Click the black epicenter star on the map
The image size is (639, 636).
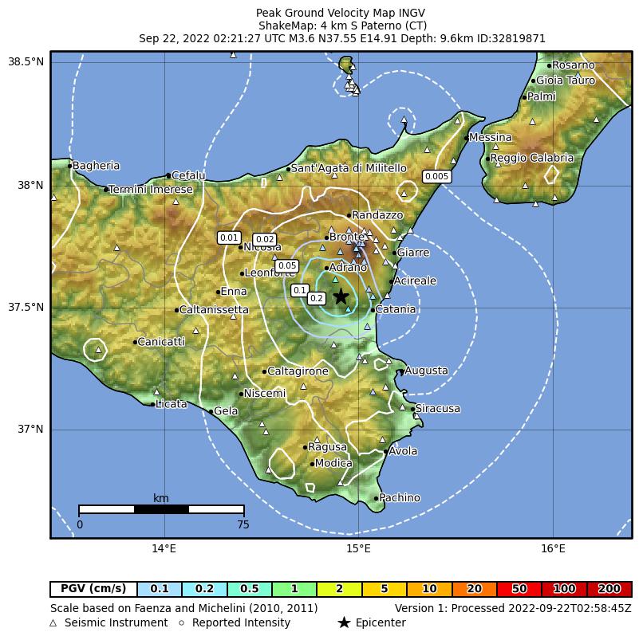coord(341,296)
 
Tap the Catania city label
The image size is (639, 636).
coord(395,309)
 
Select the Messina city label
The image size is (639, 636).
coord(490,138)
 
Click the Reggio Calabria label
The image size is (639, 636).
coord(531,158)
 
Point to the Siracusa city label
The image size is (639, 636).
coord(438,409)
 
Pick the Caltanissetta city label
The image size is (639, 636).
coord(214,309)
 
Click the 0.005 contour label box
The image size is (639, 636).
coord(436,176)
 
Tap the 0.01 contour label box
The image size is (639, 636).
coord(229,238)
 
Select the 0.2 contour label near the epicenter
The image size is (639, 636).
coord(316,298)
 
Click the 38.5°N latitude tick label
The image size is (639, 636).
coord(26,62)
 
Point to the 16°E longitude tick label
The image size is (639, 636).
coord(553,548)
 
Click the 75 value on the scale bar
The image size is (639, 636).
coord(243,524)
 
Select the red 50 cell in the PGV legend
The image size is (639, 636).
coord(519,589)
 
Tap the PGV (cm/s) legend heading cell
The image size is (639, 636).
coord(93,589)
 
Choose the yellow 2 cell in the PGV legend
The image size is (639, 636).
coord(340,589)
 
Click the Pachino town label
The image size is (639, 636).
coord(399,498)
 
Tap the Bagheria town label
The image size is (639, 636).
coord(96,166)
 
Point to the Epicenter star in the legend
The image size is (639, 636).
coord(344,622)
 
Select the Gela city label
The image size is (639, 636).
coord(226,411)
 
